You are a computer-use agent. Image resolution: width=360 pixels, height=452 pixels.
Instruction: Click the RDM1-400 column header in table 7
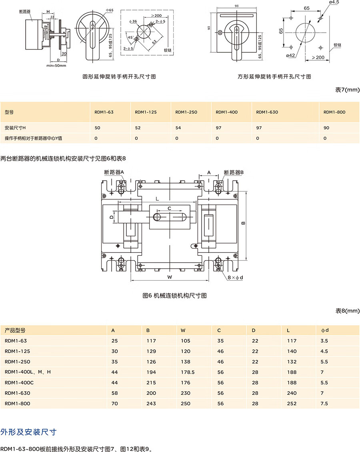tap(226, 112)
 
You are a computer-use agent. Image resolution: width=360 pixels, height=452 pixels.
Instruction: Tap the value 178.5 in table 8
tap(188, 372)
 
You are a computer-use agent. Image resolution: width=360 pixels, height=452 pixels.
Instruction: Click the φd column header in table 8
tap(325, 331)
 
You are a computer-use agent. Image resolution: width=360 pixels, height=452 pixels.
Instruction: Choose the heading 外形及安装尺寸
tap(28, 432)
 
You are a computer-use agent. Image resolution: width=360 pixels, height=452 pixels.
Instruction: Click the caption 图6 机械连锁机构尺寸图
tap(174, 296)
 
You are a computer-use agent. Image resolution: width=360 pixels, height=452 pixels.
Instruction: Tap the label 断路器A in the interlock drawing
tap(114, 172)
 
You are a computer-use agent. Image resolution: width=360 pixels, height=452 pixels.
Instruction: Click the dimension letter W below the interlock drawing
tap(170, 277)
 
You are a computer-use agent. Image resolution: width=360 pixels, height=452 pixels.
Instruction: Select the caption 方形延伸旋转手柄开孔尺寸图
tap(274, 76)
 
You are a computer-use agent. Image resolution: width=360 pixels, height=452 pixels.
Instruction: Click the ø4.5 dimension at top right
tap(334, 2)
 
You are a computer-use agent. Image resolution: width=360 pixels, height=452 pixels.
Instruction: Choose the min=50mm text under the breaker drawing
tap(56, 65)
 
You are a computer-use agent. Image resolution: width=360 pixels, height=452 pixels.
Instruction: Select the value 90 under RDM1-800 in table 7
tap(326, 127)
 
